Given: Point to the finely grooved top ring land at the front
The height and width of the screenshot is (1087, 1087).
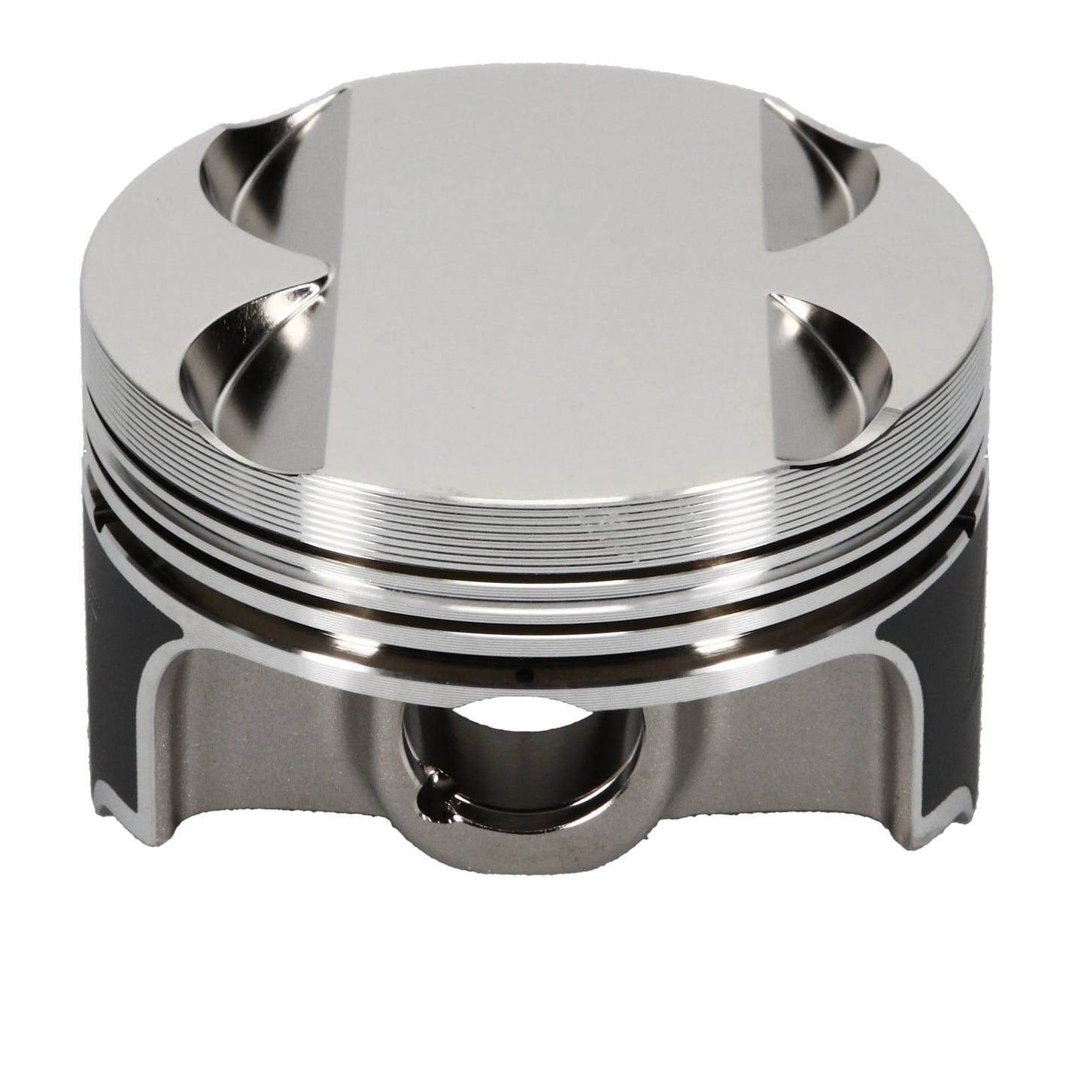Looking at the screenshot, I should [542, 519].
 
